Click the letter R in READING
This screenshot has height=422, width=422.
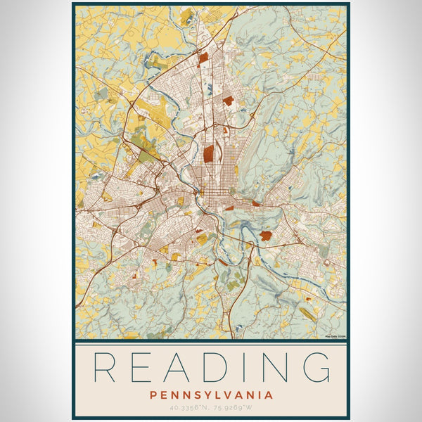click(105, 367)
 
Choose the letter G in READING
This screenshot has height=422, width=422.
click(314, 367)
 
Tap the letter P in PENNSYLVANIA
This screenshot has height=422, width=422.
click(153, 395)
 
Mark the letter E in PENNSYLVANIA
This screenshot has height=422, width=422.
click(162, 395)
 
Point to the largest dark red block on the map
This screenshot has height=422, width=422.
click(210, 154)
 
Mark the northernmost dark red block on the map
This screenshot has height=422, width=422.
click(203, 59)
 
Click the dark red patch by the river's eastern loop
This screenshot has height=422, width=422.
click(265, 236)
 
